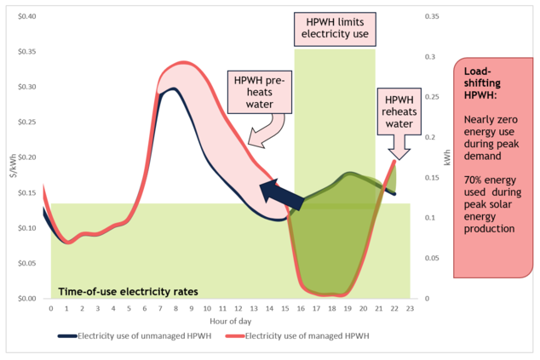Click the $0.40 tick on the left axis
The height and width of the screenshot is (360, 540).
(x=28, y=17)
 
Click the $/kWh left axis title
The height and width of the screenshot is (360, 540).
(x=10, y=157)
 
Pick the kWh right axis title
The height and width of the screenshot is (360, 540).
(x=446, y=157)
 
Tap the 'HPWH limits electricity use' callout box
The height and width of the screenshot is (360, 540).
(x=335, y=28)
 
